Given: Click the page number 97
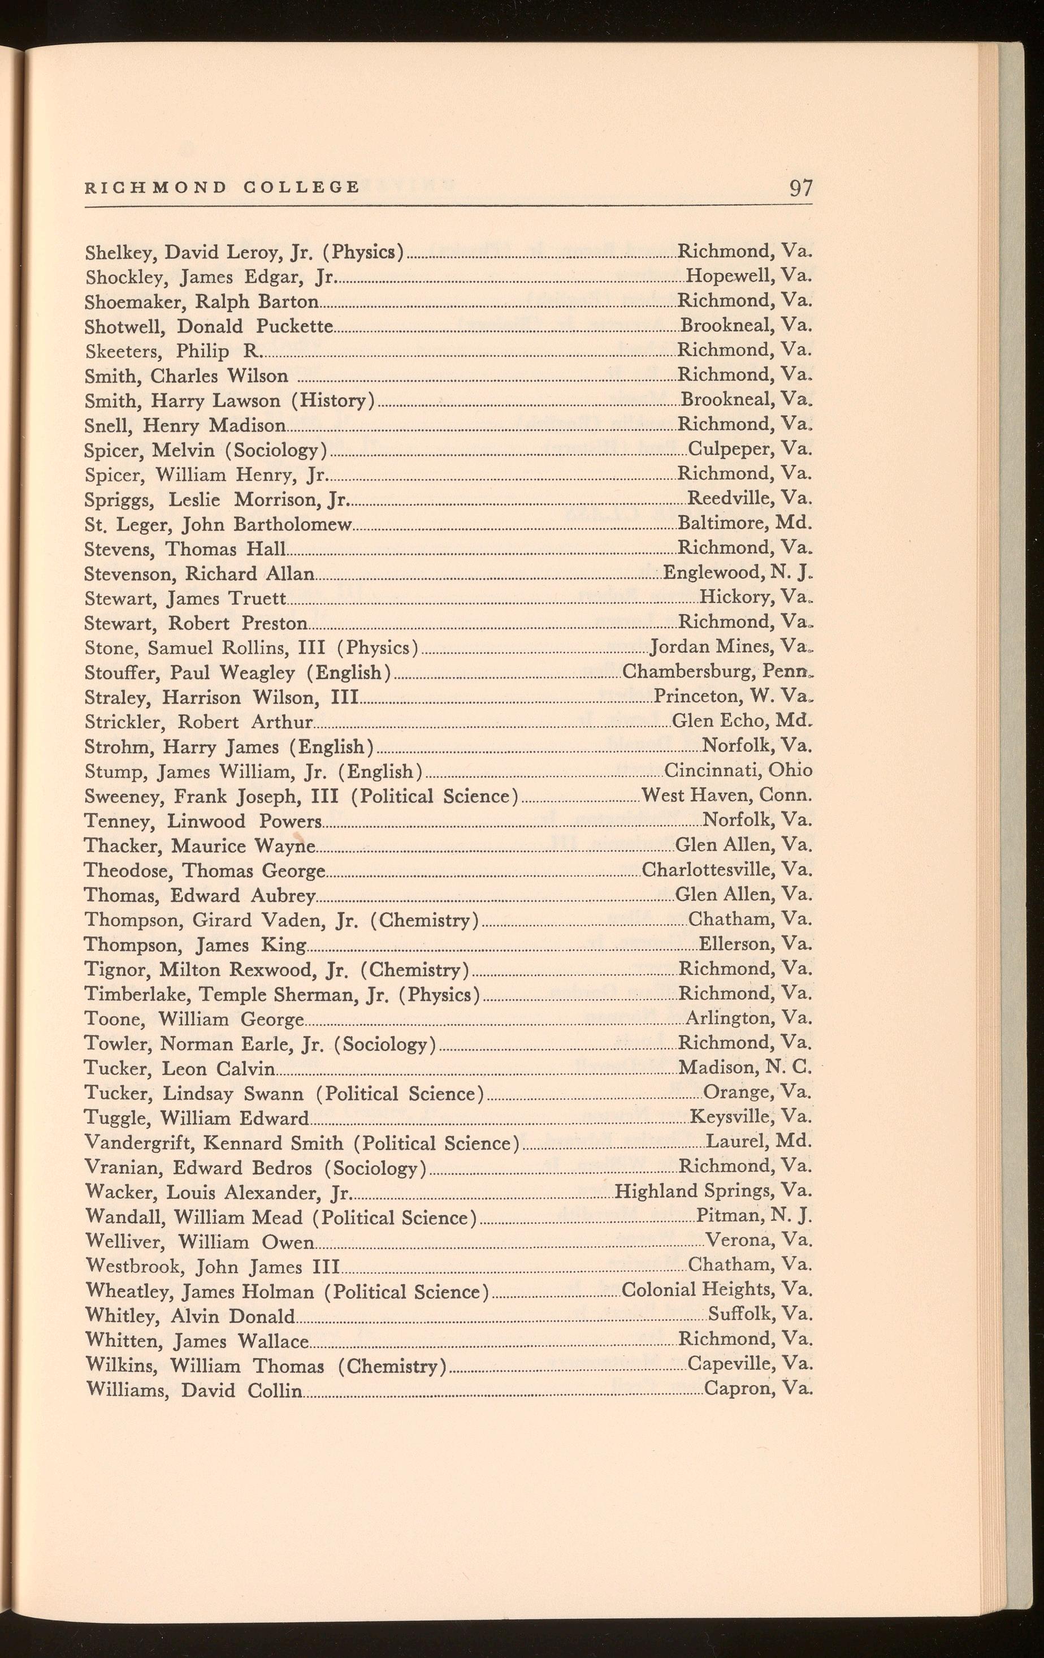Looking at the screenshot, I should coord(800,188).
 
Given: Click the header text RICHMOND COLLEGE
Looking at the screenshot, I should coord(222,187).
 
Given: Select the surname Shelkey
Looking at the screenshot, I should coord(111,253).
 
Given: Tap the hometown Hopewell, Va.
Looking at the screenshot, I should coord(749,276).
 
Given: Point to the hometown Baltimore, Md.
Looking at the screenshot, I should coord(744,523).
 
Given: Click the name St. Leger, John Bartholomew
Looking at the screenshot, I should coord(218,525).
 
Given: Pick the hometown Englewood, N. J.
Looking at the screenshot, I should coord(738,573).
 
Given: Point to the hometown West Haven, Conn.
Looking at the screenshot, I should coord(727,795).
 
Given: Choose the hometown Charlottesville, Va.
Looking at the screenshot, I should coord(727,870).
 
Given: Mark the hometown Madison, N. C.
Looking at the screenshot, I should coord(746,1068).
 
